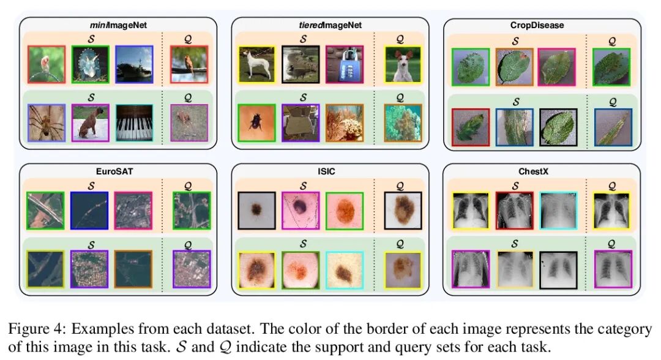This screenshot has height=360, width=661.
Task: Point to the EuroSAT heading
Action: [x=118, y=172]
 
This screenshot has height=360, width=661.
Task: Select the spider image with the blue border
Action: [x=47, y=123]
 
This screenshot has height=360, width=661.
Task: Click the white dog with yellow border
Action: [x=258, y=64]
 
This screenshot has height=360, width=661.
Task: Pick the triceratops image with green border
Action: [x=90, y=64]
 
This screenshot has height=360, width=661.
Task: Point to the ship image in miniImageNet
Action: [x=135, y=64]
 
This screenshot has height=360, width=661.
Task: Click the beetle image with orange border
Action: [x=258, y=123]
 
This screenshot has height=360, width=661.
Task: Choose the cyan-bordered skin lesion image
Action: [x=345, y=270]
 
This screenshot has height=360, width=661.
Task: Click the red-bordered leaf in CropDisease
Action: [x=471, y=128]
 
